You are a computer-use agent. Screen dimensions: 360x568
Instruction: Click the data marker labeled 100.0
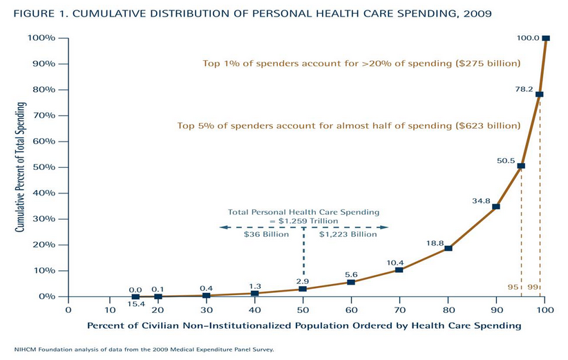pyautogui.click(x=545, y=38)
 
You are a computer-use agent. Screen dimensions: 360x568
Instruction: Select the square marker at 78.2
pyautogui.click(x=539, y=94)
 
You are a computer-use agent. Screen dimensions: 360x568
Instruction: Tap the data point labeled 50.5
pyautogui.click(x=521, y=166)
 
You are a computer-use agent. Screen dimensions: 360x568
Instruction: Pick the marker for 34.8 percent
pyautogui.click(x=495, y=206)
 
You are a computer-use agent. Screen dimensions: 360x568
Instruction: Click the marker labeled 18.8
pyautogui.click(x=448, y=248)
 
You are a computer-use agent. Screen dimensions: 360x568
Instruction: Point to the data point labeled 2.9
pyautogui.click(x=303, y=289)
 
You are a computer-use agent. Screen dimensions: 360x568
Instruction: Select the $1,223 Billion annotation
pyautogui.click(x=348, y=234)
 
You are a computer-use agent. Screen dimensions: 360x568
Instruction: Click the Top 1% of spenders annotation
pyautogui.click(x=360, y=64)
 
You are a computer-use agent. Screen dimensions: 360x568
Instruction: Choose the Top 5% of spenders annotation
pyautogui.click(x=349, y=126)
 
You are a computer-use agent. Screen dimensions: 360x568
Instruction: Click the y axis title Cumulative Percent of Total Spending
pyautogui.click(x=21, y=166)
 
